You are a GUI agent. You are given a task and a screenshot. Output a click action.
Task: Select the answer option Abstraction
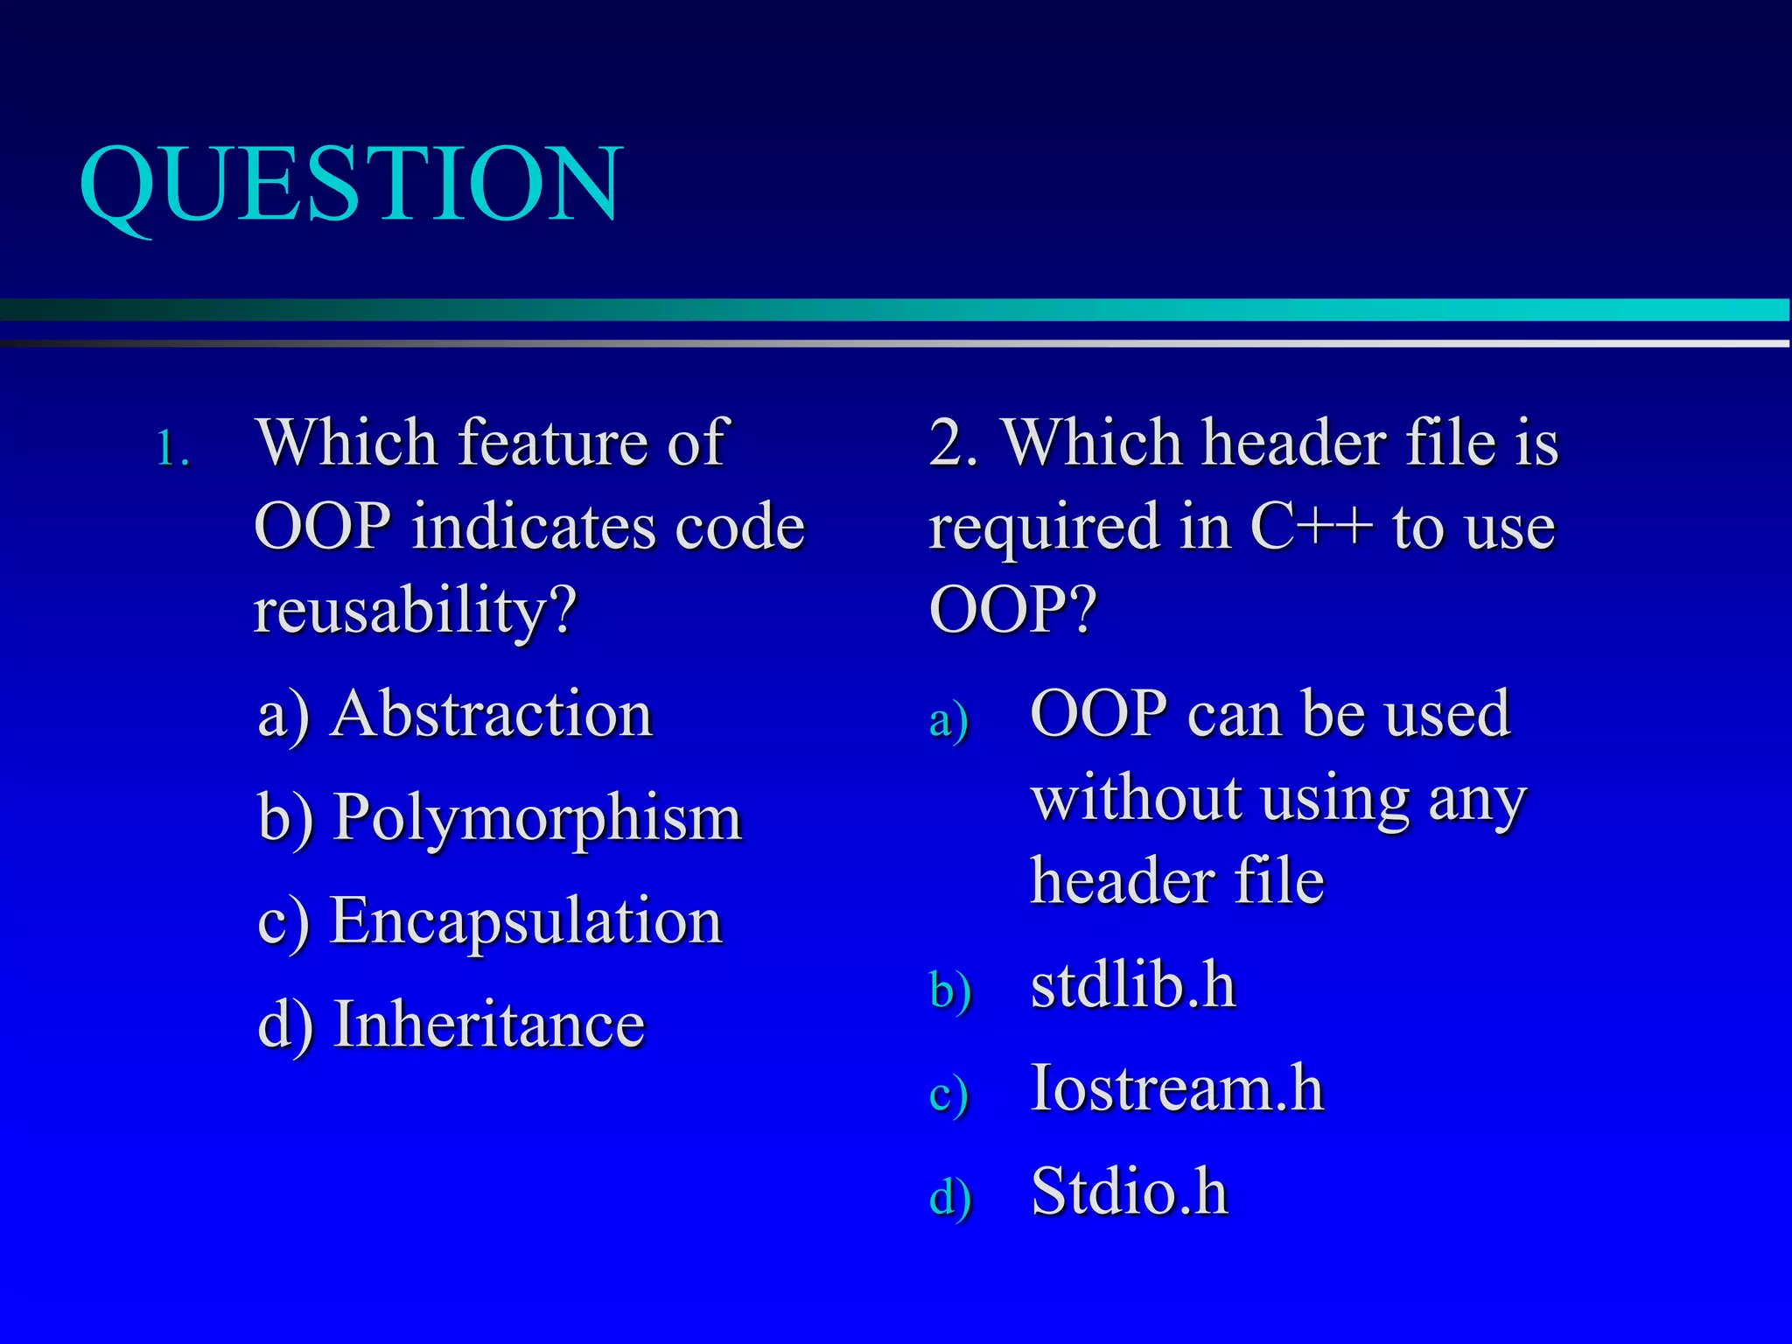point(492,714)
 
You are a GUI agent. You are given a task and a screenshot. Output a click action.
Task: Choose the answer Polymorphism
point(538,818)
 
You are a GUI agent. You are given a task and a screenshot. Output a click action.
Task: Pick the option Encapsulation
point(526,921)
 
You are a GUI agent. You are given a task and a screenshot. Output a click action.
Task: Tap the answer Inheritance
point(489,1025)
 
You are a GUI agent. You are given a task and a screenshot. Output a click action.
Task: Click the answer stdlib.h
point(1133,986)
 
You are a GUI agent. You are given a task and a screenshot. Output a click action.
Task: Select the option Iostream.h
point(1177,1089)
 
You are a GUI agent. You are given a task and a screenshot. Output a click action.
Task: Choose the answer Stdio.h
point(1130,1192)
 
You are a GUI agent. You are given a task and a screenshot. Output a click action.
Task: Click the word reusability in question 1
point(416,611)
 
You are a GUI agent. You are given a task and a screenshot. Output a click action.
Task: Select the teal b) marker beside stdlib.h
point(950,992)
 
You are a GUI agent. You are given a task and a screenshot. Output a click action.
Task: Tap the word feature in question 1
point(556,442)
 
